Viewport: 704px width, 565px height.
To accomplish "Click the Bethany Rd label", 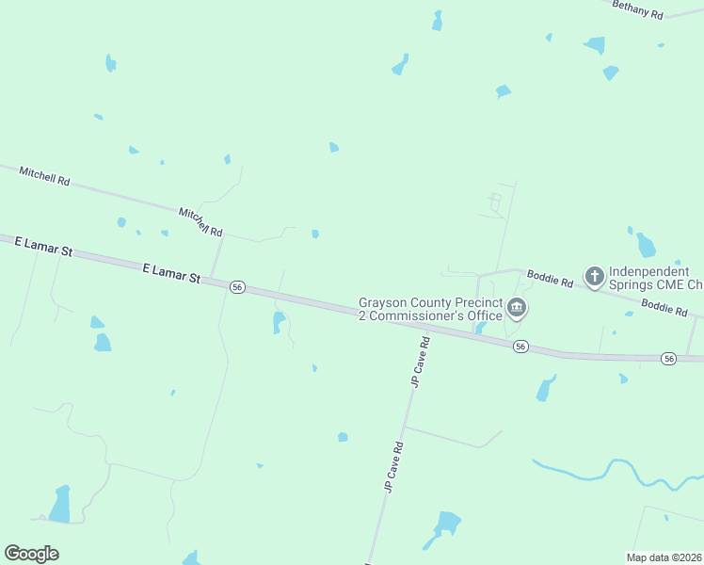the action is coord(638,9).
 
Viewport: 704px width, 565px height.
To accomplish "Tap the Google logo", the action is coord(31,554).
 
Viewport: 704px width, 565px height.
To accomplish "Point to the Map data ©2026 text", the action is coord(664,557).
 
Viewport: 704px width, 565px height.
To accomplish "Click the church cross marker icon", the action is coord(594,276).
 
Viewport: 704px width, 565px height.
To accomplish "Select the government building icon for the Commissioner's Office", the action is coord(517,307).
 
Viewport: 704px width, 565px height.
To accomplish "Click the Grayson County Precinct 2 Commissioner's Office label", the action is coord(430,309).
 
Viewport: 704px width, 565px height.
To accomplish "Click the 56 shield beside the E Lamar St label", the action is coord(237,286).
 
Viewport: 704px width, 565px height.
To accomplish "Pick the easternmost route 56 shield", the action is coord(668,358).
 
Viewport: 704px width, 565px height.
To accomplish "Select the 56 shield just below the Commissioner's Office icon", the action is coord(520,347).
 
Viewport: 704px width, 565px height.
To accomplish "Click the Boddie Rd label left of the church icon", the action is coord(551,279).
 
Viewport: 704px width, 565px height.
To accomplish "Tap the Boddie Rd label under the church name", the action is coord(664,307).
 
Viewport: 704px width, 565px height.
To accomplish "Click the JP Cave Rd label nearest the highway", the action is coord(420,362).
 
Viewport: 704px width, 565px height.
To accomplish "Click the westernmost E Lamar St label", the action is coord(43,247).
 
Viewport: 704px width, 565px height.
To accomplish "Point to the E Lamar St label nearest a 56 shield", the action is coord(172,273).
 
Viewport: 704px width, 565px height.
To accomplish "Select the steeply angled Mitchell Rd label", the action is coord(200,223).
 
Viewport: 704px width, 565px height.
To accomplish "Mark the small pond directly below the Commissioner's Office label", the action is coord(480,328).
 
